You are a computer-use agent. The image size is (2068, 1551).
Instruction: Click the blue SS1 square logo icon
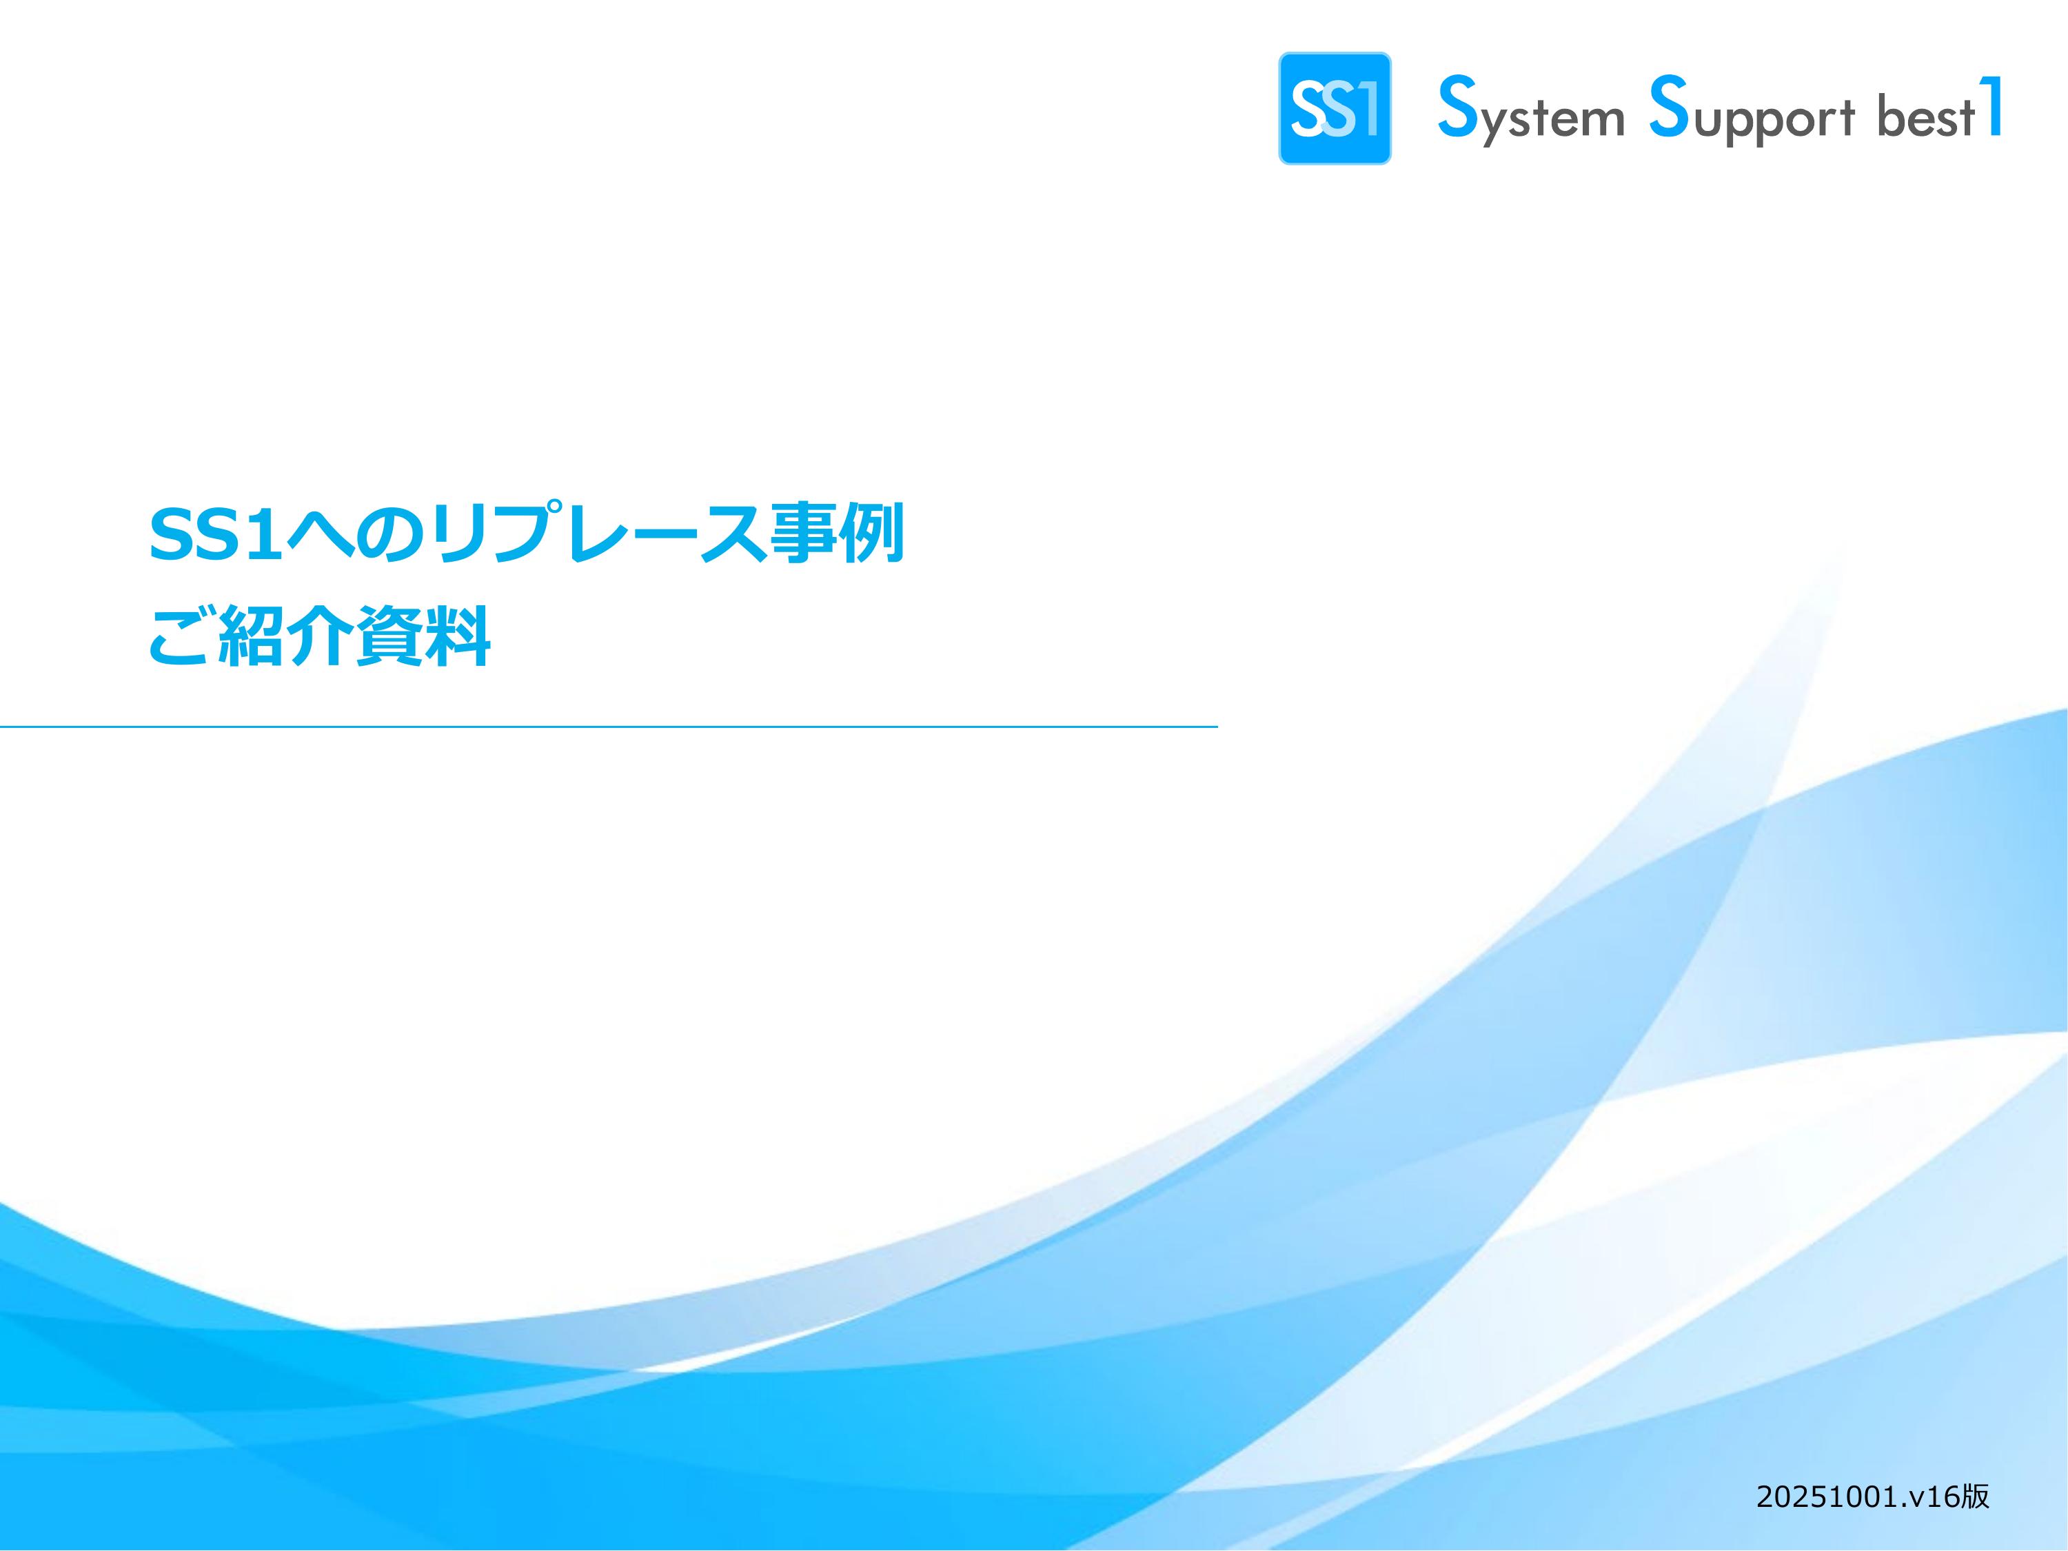point(1334,108)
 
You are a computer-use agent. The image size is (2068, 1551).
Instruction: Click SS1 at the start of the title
point(216,536)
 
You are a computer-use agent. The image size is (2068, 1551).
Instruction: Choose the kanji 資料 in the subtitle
point(422,637)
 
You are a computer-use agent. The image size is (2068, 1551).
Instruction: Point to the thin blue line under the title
point(609,725)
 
